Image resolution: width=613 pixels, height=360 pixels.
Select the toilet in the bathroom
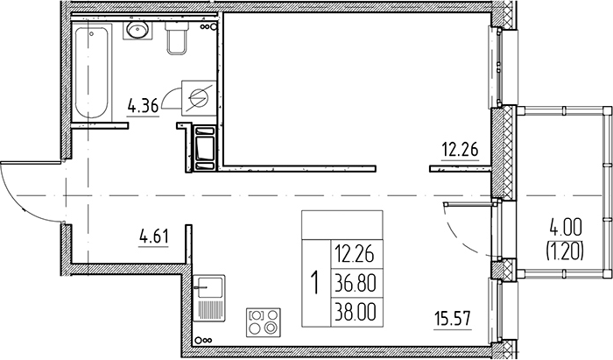pos(176,37)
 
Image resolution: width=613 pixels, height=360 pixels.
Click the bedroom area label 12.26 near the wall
pos(460,148)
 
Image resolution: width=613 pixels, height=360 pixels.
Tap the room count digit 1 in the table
pos(314,283)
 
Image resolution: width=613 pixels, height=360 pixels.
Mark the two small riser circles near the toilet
pos(208,27)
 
